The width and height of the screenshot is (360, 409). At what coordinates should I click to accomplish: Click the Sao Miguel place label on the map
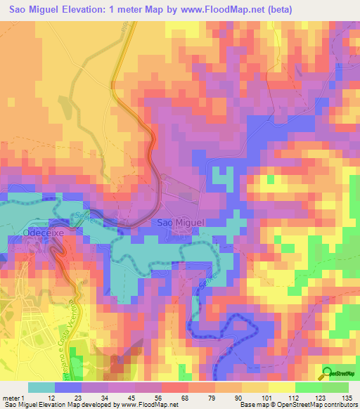click(x=178, y=222)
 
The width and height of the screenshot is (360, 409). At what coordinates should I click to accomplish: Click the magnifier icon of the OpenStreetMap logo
click(x=328, y=373)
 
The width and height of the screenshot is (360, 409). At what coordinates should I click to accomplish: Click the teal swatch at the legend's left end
click(x=41, y=387)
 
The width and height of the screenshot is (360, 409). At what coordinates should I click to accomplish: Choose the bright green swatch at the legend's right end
click(x=335, y=387)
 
